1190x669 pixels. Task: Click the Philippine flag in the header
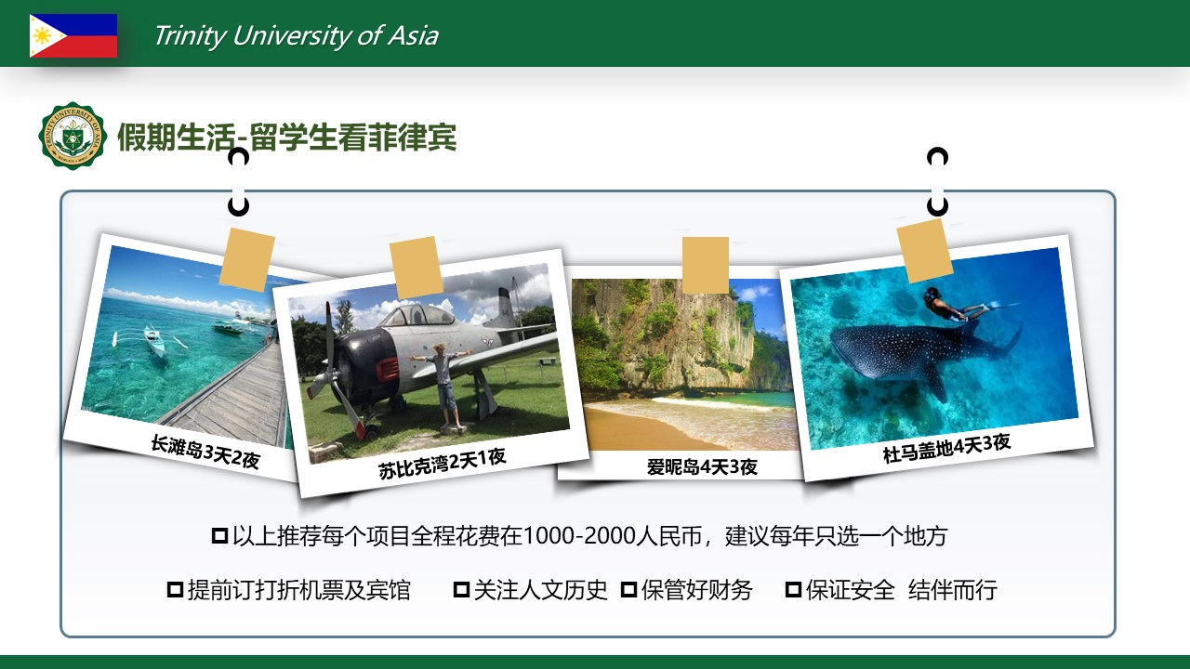pos(73,35)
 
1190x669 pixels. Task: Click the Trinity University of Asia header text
pos(296,36)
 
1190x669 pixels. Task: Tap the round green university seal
pos(73,136)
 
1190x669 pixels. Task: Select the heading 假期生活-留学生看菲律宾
pos(287,138)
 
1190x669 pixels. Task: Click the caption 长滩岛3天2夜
pos(205,452)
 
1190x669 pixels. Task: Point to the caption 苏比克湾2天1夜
pos(442,464)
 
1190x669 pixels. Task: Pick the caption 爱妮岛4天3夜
pos(702,466)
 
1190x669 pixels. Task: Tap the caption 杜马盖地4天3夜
pos(946,448)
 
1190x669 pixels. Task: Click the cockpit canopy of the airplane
pos(418,315)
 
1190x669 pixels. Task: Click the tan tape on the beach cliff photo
pos(705,265)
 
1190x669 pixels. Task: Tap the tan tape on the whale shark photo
pos(924,251)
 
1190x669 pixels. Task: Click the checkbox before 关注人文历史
pos(461,589)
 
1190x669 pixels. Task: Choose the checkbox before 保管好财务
pos(629,589)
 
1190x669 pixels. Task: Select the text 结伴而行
pos(953,590)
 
